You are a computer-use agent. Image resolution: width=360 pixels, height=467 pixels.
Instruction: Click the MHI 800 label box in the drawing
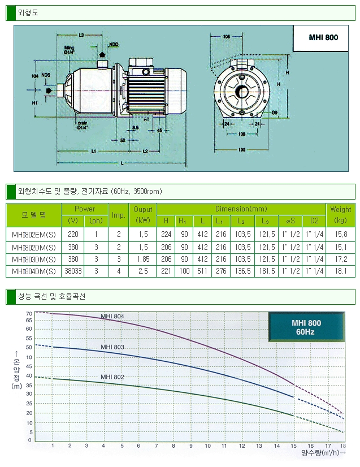323,37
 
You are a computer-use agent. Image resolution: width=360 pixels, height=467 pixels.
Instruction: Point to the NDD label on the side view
114,44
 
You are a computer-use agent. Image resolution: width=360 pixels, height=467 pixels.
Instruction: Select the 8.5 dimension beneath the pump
135,128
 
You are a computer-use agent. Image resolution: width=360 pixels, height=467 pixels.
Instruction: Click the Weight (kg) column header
341,215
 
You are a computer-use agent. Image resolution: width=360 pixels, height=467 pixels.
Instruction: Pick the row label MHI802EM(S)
34,233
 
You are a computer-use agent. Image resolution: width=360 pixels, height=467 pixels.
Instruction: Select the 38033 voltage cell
73,271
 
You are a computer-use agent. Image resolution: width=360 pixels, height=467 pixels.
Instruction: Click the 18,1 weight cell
341,271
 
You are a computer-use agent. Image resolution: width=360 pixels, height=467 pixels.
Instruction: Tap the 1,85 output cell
142,259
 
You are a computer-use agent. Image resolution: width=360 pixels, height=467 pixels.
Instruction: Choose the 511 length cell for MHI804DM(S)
202,271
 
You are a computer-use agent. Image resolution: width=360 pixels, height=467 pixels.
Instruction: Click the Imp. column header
118,215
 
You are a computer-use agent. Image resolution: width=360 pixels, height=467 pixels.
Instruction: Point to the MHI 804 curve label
112,316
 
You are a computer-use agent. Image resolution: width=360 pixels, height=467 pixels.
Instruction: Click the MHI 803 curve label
112,347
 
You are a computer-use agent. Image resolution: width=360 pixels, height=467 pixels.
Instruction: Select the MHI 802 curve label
112,377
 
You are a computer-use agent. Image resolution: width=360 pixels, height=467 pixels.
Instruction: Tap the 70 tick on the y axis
29,313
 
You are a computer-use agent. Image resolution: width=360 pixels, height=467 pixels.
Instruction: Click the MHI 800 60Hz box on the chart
306,327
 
